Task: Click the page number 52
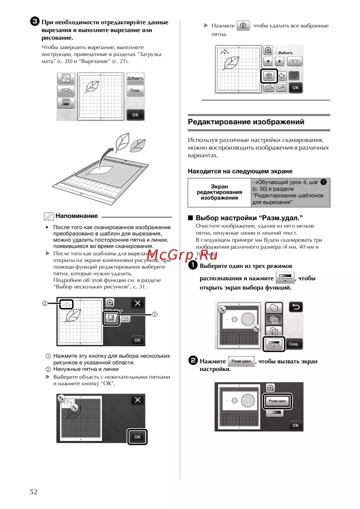click(x=33, y=492)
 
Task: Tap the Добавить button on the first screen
click(x=135, y=78)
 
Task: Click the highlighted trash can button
click(x=269, y=76)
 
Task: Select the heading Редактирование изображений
click(x=246, y=122)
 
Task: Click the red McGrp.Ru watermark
click(x=182, y=255)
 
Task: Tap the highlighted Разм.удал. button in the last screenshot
click(x=277, y=401)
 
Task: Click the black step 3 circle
click(x=35, y=22)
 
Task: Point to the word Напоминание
click(x=77, y=216)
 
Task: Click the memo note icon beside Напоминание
click(x=49, y=216)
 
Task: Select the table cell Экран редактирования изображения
click(x=219, y=192)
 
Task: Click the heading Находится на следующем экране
click(x=240, y=171)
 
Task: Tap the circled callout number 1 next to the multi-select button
click(x=154, y=314)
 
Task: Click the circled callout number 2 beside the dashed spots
click(x=45, y=303)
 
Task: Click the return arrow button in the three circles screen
click(x=296, y=307)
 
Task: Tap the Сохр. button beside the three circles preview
click(x=294, y=344)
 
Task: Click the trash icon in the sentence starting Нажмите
click(x=243, y=26)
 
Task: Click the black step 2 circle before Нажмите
click(x=193, y=361)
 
